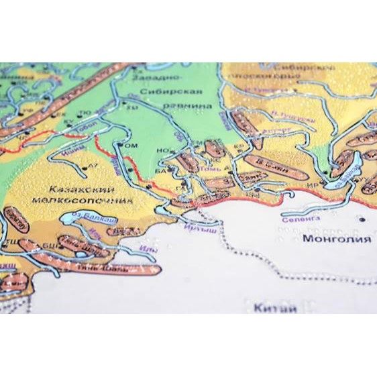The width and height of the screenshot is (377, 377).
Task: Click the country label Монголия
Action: point(337,239)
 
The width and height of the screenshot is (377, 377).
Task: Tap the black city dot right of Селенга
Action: point(361,219)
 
